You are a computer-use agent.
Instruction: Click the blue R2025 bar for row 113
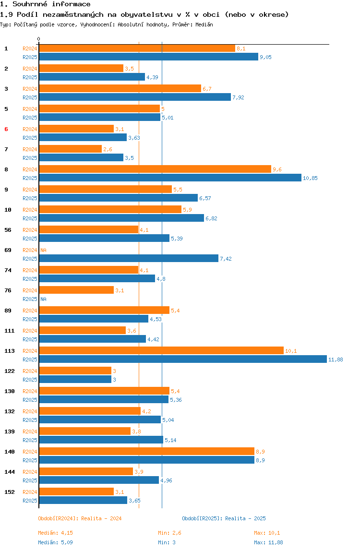(x=183, y=359)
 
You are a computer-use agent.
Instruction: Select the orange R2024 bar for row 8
(x=155, y=169)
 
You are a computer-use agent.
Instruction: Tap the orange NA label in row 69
(x=43, y=250)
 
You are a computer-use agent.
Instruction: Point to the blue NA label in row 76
(x=43, y=299)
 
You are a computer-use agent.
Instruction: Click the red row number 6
(x=6, y=129)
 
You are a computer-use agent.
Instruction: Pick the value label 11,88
(x=336, y=359)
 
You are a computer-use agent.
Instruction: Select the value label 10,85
(x=310, y=178)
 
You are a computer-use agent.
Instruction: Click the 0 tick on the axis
(x=39, y=39)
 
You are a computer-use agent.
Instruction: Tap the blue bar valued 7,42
(x=129, y=258)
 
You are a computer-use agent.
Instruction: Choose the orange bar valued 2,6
(x=70, y=149)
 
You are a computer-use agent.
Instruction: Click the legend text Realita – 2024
(x=102, y=518)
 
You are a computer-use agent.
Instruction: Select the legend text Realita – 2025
(x=245, y=518)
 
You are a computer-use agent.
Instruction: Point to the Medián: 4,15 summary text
(x=56, y=533)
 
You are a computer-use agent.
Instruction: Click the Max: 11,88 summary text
(x=268, y=542)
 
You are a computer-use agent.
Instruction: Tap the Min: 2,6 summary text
(x=169, y=533)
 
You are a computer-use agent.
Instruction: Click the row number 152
(x=10, y=492)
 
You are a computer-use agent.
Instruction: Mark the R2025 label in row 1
(x=30, y=57)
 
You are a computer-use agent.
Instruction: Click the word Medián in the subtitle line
(x=204, y=24)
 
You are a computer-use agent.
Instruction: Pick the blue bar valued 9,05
(x=149, y=57)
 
